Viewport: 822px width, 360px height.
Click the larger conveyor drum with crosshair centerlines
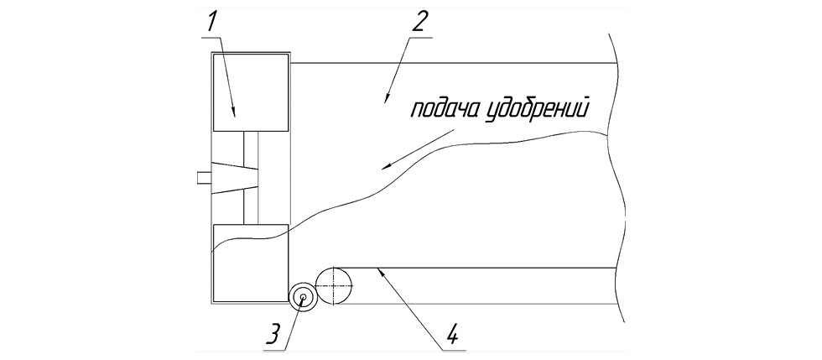click(336, 286)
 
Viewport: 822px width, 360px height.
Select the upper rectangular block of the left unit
click(251, 92)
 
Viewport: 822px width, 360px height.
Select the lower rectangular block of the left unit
click(251, 263)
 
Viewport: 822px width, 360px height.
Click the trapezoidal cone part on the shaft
click(234, 177)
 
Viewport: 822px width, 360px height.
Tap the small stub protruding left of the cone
click(204, 177)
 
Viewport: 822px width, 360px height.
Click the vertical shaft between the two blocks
click(251, 178)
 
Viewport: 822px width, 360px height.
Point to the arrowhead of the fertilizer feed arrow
click(386, 167)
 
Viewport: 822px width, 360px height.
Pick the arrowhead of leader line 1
click(233, 112)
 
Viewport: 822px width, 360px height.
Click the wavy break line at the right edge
click(619, 179)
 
